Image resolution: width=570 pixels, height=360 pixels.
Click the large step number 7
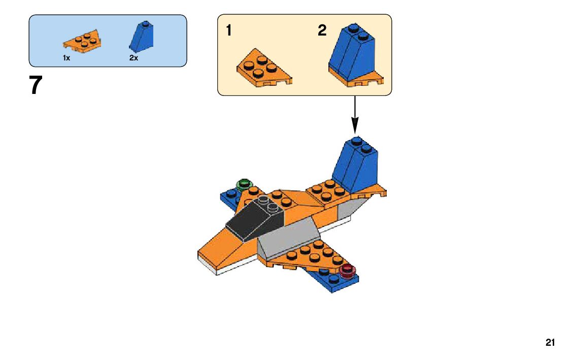coord(35,85)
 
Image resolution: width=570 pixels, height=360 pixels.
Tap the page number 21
coord(550,343)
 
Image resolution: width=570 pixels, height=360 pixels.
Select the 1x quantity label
coord(66,58)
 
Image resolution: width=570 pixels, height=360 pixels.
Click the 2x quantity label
coord(133,58)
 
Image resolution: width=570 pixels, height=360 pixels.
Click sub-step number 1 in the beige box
coord(229,30)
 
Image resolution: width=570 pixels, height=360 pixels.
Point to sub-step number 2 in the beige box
coord(322,30)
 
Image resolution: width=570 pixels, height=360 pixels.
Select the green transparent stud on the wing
coord(245,184)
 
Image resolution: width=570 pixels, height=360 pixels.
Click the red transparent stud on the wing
coord(348,270)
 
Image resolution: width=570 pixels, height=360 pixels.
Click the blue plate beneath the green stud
coord(229,197)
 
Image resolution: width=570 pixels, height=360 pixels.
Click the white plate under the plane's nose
coord(233,269)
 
